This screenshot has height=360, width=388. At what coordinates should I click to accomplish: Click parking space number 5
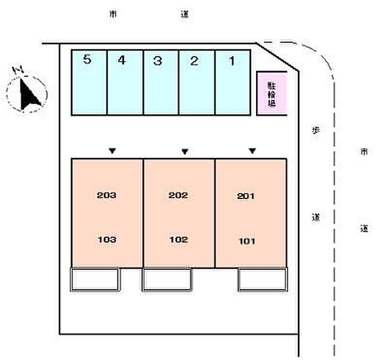click(x=89, y=83)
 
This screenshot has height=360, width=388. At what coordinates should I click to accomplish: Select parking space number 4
click(x=125, y=83)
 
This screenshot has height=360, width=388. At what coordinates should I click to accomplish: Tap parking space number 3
click(x=161, y=83)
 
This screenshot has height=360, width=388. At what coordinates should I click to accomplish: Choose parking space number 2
click(x=196, y=83)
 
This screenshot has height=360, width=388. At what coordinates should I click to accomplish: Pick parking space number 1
click(x=232, y=83)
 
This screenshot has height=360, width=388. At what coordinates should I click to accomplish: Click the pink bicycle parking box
click(x=272, y=94)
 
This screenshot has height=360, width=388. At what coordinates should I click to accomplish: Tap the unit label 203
click(x=106, y=195)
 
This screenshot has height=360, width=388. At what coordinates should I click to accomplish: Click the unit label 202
click(x=178, y=195)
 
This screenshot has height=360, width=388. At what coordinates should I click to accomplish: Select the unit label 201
click(x=246, y=196)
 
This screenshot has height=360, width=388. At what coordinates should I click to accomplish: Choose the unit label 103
click(x=106, y=240)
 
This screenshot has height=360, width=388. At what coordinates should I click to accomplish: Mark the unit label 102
click(x=178, y=240)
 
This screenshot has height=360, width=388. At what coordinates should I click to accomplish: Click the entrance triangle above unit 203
click(x=113, y=150)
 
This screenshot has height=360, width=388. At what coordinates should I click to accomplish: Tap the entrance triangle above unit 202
click(x=185, y=151)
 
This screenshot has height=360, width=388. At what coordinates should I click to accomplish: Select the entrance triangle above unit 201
click(x=252, y=150)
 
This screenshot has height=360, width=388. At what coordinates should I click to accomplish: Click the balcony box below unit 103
click(x=95, y=279)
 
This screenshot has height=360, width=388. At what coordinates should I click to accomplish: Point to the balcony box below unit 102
click(x=167, y=279)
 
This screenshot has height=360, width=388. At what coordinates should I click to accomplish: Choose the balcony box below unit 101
click(x=263, y=279)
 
